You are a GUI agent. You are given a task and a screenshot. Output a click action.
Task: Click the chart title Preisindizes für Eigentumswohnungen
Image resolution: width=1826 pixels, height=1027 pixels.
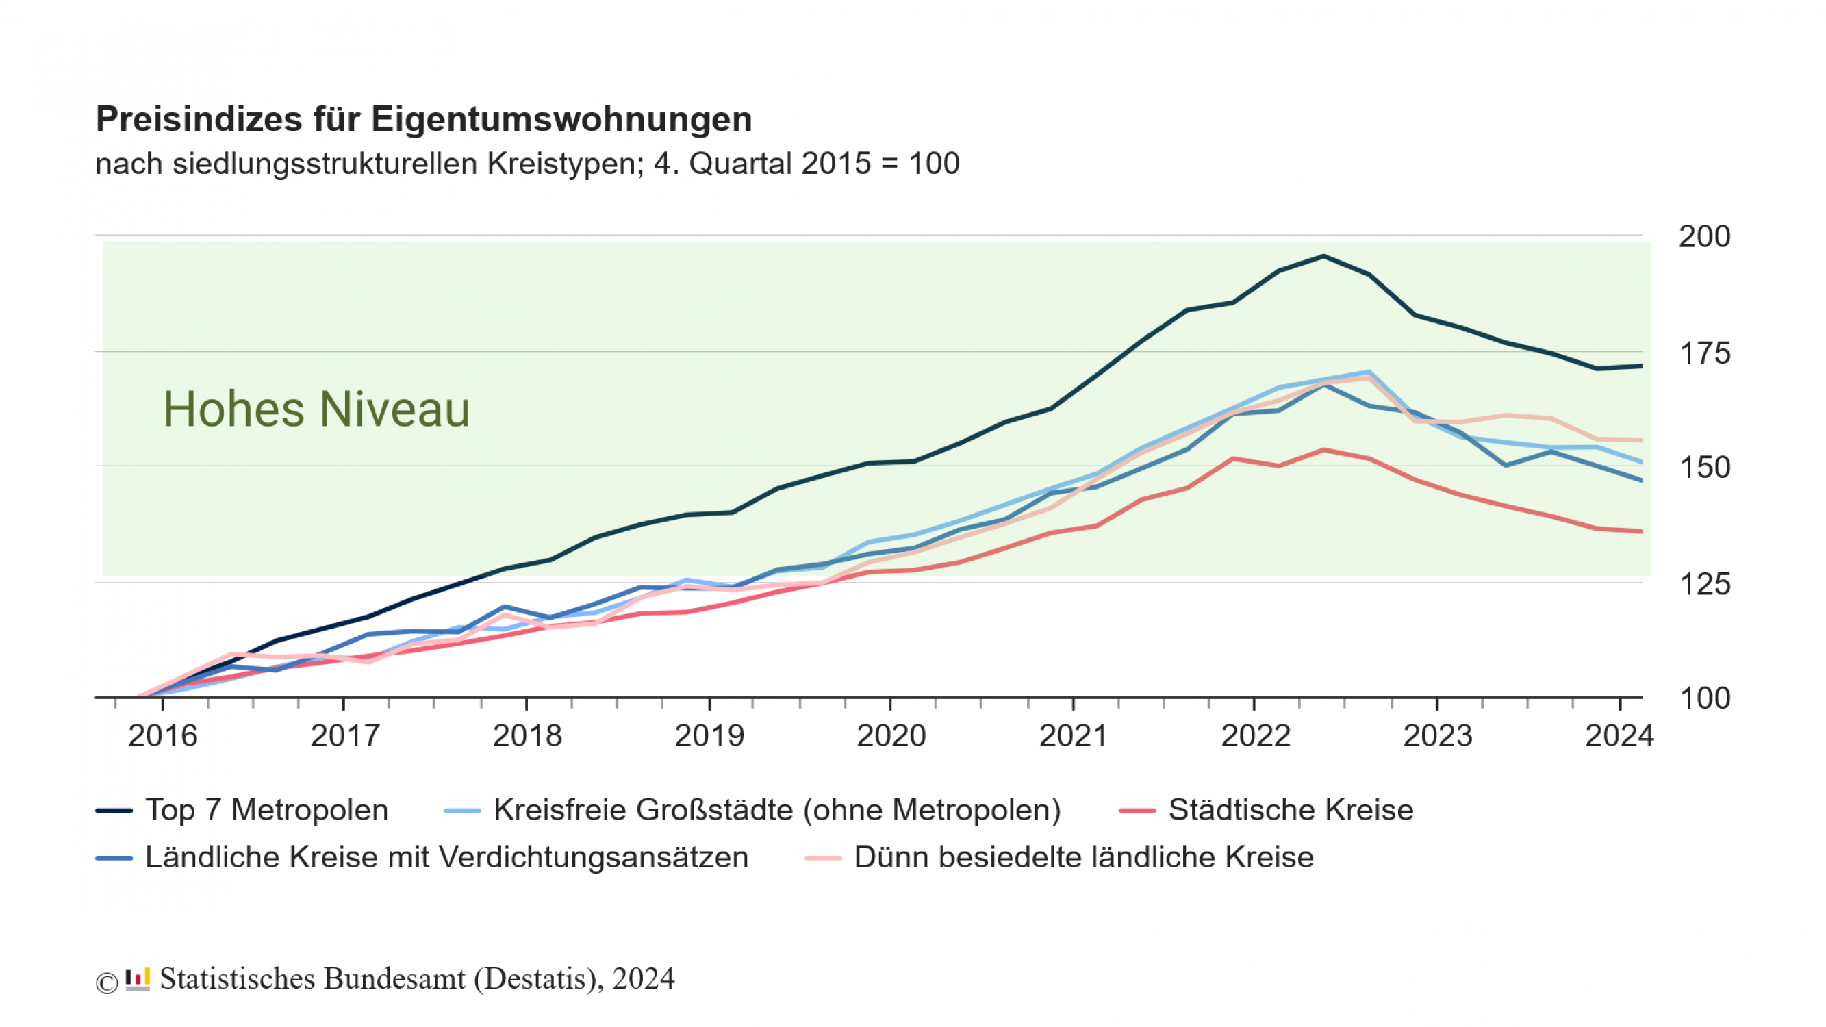pyautogui.click(x=423, y=119)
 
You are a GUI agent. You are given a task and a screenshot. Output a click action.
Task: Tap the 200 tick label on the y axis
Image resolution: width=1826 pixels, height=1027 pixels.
pyautogui.click(x=1704, y=237)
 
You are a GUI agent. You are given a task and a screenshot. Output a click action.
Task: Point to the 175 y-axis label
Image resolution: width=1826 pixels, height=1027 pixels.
pyautogui.click(x=1704, y=353)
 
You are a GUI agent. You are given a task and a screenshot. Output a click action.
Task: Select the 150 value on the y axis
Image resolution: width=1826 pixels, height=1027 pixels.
pyautogui.click(x=1704, y=468)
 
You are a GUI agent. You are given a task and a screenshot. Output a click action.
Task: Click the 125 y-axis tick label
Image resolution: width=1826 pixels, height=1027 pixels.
pyautogui.click(x=1704, y=585)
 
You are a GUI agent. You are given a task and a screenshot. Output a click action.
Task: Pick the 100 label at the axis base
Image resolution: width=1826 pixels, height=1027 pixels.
pyautogui.click(x=1704, y=699)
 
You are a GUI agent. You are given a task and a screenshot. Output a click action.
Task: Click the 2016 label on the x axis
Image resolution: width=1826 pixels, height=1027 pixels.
pyautogui.click(x=162, y=736)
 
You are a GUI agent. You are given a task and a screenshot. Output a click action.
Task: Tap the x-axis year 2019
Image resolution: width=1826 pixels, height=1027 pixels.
pyautogui.click(x=709, y=736)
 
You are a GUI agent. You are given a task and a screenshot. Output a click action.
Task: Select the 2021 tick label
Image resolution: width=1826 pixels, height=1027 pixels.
pyautogui.click(x=1073, y=736)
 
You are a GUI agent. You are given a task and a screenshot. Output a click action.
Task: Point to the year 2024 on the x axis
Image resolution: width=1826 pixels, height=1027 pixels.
pyautogui.click(x=1619, y=736)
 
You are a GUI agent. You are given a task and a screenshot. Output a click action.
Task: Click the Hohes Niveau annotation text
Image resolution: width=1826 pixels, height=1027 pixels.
pyautogui.click(x=316, y=409)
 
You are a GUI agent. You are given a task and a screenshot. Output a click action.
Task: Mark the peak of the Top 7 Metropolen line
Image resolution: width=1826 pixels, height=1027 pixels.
pyautogui.click(x=1323, y=256)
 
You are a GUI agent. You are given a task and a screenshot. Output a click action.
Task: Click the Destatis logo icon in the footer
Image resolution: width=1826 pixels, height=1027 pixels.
pyautogui.click(x=138, y=980)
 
